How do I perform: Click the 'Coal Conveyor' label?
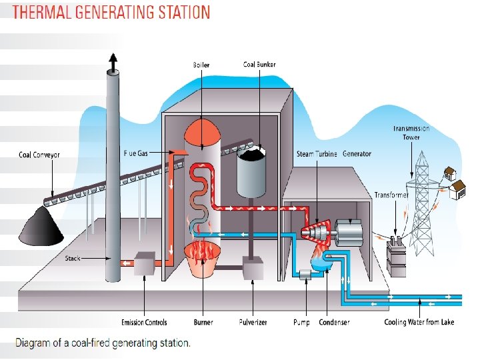tap(39, 155)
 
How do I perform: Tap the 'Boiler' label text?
tap(201, 65)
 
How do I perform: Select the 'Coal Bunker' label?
tap(259, 65)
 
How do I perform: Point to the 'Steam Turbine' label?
tap(317, 154)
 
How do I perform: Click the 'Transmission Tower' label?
tap(411, 133)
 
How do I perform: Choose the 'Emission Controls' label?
tap(144, 323)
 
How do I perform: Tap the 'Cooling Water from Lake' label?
tap(419, 323)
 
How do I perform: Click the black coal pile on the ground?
tap(41, 227)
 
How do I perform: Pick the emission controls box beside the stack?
tap(144, 264)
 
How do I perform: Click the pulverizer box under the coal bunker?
tap(253, 269)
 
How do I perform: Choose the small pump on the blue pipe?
tap(307, 274)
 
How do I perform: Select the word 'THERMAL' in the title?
tap(44, 13)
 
